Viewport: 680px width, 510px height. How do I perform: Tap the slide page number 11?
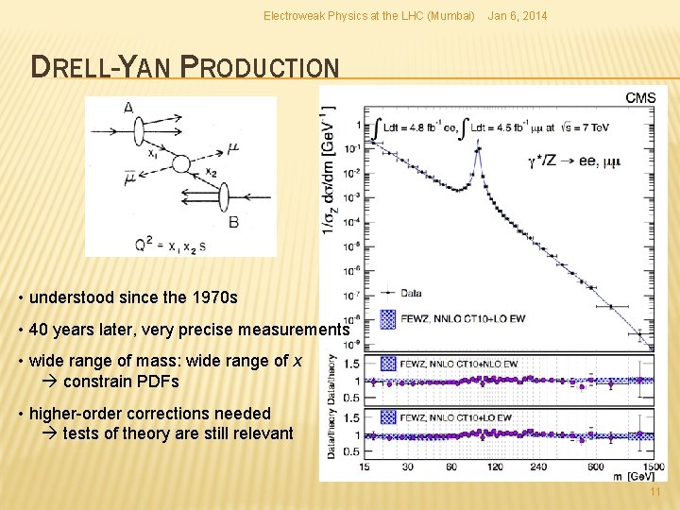[655, 494]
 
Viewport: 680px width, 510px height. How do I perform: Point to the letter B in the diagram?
[232, 221]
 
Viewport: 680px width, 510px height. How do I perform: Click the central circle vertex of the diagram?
[180, 163]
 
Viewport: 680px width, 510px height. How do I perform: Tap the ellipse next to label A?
[138, 127]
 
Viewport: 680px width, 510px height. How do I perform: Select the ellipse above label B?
[225, 197]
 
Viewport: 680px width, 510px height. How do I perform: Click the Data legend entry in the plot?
[414, 294]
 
